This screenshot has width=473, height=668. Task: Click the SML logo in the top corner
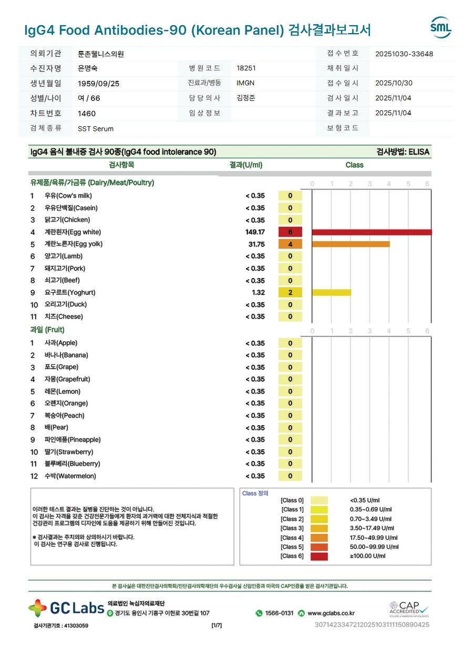(x=440, y=28)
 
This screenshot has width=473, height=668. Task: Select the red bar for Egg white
(x=371, y=232)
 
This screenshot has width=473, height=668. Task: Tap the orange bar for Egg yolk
(x=351, y=244)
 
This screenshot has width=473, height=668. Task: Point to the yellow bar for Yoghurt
(x=331, y=293)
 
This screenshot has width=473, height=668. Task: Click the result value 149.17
(x=255, y=232)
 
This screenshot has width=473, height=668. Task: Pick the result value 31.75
(x=256, y=244)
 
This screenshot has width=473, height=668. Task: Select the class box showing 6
(x=290, y=232)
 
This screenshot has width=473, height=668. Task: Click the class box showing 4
(x=290, y=244)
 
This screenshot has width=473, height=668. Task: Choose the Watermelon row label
(x=70, y=476)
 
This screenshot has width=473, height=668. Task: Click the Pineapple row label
(x=72, y=440)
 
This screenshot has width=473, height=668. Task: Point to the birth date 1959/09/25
(x=98, y=84)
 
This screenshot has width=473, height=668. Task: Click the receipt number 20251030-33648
(x=404, y=54)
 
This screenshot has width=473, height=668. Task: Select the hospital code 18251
(x=246, y=68)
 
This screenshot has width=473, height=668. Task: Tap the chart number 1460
(x=87, y=114)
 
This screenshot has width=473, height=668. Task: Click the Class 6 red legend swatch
(x=319, y=556)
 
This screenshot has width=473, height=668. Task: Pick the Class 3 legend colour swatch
(x=319, y=528)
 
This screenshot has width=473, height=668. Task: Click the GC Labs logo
(x=66, y=609)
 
